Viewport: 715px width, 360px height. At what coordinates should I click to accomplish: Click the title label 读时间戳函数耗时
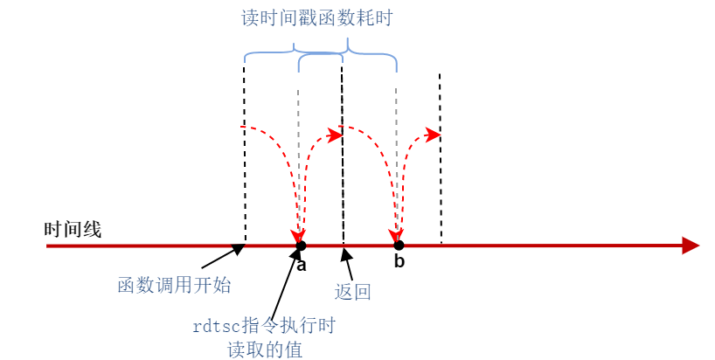(x=316, y=18)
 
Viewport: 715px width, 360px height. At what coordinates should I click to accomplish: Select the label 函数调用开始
(x=174, y=286)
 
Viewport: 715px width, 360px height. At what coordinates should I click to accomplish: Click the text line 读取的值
(x=264, y=349)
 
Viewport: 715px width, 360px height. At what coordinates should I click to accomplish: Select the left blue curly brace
(x=293, y=53)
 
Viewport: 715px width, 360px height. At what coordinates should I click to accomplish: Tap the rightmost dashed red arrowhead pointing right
(x=433, y=134)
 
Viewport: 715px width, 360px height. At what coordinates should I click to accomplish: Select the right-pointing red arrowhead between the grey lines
(x=334, y=135)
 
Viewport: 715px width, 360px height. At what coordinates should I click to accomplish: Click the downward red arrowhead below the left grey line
(x=300, y=234)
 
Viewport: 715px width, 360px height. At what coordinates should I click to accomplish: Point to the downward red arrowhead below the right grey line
(x=398, y=234)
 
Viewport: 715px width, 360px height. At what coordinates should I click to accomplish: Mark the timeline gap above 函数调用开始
(x=238, y=246)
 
